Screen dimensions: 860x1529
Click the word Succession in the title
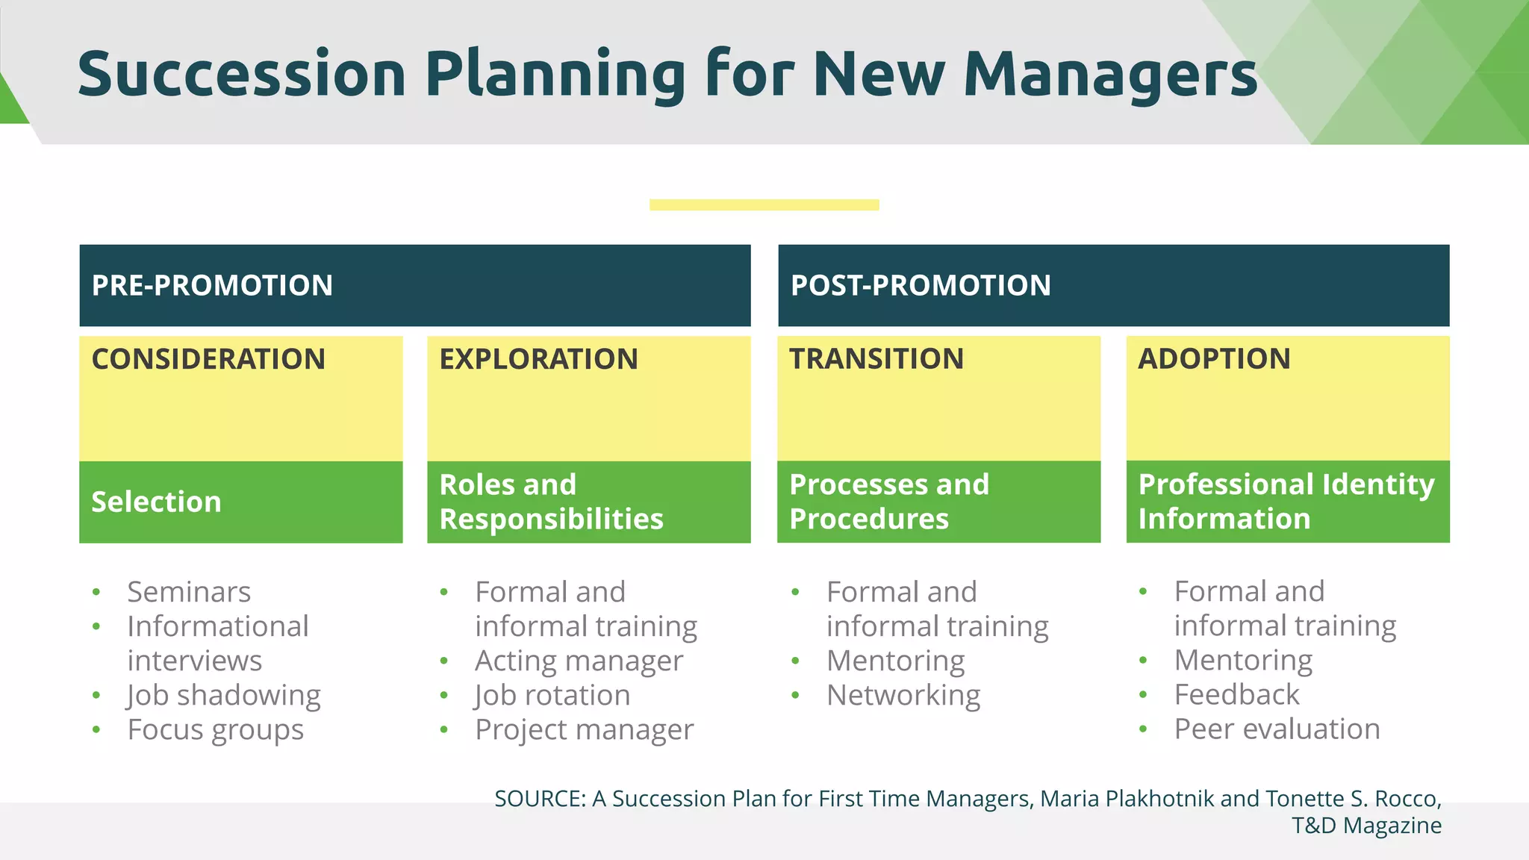point(241,75)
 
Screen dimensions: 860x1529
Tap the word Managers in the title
point(1110,75)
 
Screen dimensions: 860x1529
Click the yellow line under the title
point(764,205)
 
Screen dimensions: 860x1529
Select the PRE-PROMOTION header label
point(212,286)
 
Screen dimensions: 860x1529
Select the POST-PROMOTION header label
point(920,286)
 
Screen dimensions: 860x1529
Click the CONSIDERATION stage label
point(208,359)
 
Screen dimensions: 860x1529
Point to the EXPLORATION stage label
point(538,359)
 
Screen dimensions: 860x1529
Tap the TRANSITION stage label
point(876,359)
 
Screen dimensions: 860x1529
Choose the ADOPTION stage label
point(1214,359)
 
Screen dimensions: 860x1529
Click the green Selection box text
point(156,502)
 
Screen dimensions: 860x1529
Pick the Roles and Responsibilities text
point(551,502)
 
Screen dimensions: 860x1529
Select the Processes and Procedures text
point(888,502)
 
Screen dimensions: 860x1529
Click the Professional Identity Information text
point(1286,501)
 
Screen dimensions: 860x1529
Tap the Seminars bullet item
point(189,592)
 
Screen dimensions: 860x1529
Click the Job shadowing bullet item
point(224,695)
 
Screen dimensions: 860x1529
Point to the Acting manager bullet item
point(579,661)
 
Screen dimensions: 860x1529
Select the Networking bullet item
point(903,695)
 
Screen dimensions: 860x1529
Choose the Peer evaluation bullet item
point(1277,729)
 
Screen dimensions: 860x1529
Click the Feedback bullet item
point(1236,694)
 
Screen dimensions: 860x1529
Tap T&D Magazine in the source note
point(1366,826)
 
